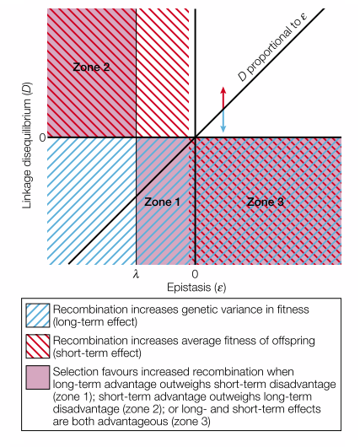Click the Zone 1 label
point(162,202)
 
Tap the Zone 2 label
point(91,67)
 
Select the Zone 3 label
point(266,202)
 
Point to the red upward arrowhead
point(223,89)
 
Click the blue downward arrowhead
point(223,129)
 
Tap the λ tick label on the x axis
point(136,274)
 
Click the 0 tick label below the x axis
point(195,274)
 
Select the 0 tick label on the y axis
point(42,137)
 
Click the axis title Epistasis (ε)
point(196,288)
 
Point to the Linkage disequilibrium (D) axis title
point(27,146)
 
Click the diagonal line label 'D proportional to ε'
point(272,46)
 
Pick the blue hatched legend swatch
point(38,315)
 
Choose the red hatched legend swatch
point(38,346)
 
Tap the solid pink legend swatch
point(38,378)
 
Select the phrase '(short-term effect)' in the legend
point(97,353)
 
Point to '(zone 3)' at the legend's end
point(191,422)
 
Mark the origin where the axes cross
point(195,137)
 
